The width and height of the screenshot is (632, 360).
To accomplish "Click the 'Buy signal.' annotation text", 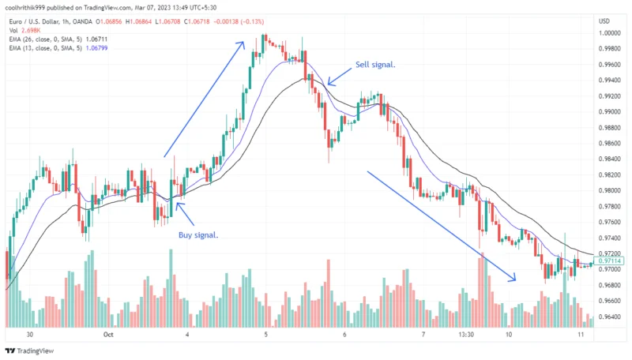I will [197, 235].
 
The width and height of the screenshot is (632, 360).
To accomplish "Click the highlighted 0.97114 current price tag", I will [611, 261].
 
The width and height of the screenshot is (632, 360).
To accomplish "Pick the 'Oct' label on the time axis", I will [109, 335].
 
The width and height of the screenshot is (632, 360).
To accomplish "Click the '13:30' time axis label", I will [466, 335].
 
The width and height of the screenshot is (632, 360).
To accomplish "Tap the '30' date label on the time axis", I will [29, 335].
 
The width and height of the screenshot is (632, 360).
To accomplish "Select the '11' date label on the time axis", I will [580, 335].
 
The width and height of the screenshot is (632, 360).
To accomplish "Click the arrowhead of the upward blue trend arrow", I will [243, 42].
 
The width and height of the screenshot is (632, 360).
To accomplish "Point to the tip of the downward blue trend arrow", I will [515, 279].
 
